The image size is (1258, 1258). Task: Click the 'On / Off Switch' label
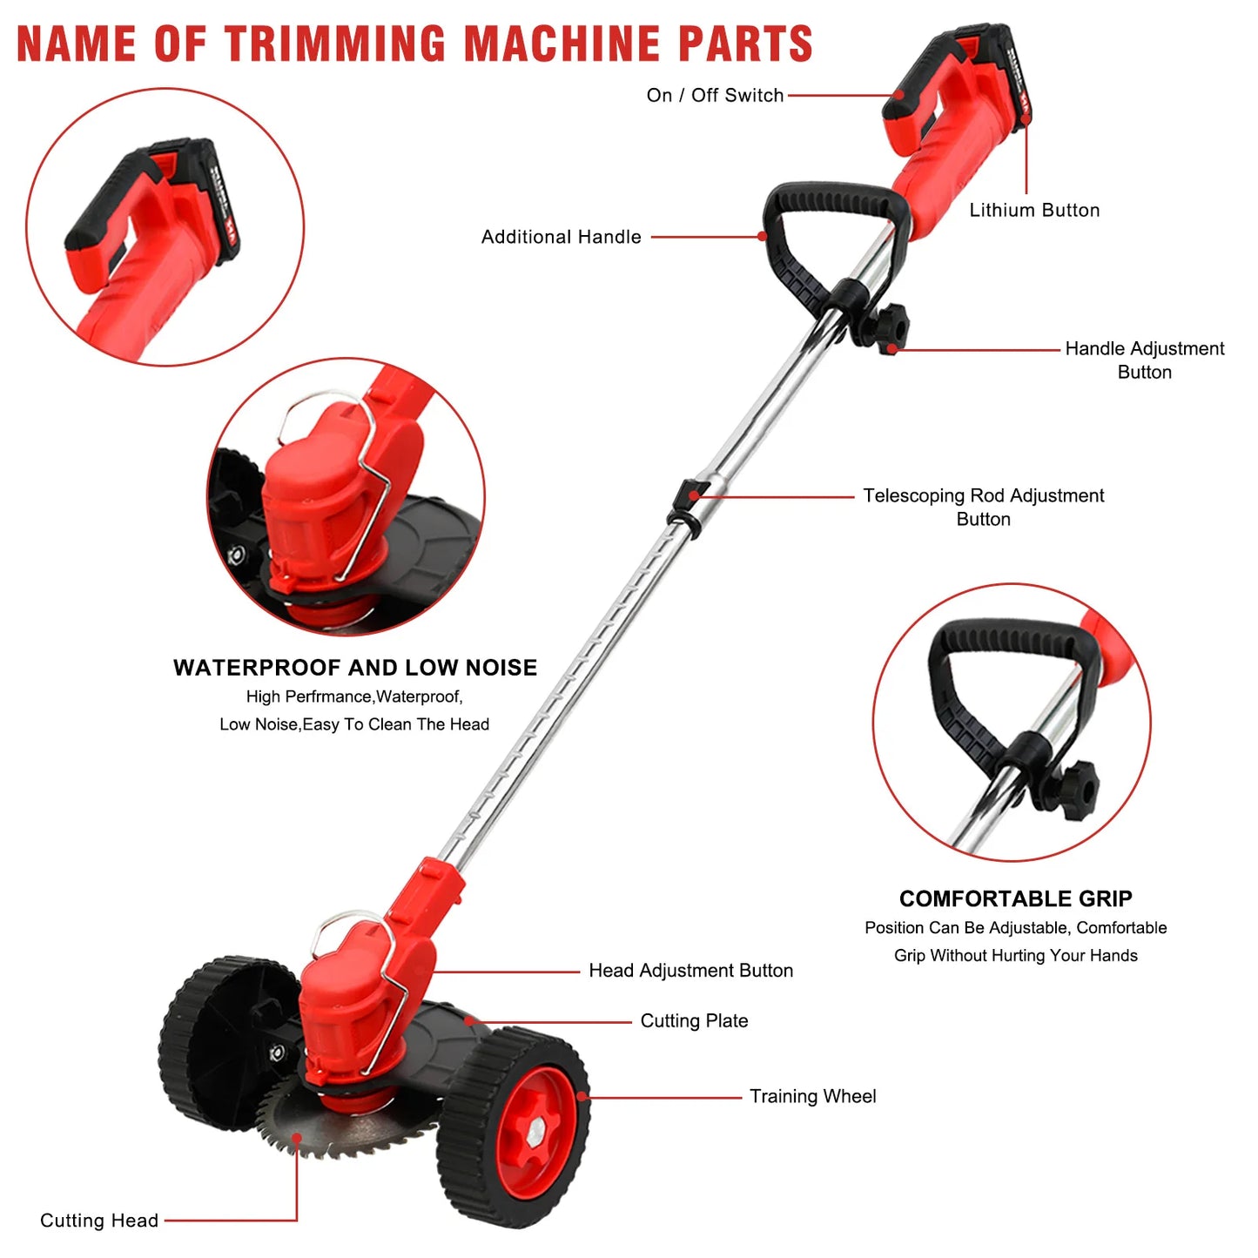pyautogui.click(x=715, y=96)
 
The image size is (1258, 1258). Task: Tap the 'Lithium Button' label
pyautogui.click(x=1034, y=211)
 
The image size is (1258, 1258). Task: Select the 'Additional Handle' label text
pyautogui.click(x=561, y=237)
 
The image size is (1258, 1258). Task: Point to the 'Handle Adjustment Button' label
pyautogui.click(x=1144, y=360)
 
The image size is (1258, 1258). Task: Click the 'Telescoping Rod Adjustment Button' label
pyautogui.click(x=983, y=508)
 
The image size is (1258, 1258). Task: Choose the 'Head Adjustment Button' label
pyautogui.click(x=690, y=971)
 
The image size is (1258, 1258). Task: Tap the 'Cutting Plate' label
pyautogui.click(x=694, y=1021)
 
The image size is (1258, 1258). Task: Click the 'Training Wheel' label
pyautogui.click(x=812, y=1097)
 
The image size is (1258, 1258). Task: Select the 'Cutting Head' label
pyautogui.click(x=99, y=1221)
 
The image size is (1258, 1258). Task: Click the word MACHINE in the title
pyautogui.click(x=562, y=44)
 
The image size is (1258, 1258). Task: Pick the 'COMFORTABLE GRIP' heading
pyautogui.click(x=1015, y=899)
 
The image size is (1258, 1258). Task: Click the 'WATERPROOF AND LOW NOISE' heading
pyautogui.click(x=355, y=668)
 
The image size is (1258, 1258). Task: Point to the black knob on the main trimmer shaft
pyautogui.click(x=891, y=328)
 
